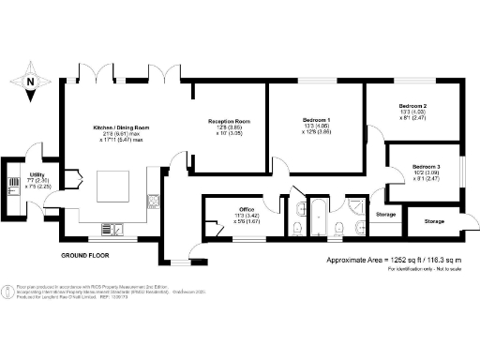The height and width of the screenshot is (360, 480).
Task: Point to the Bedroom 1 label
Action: (x=316, y=121)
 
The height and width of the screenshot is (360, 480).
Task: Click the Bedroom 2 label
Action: (x=412, y=106)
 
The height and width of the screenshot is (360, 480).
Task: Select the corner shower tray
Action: (x=357, y=206)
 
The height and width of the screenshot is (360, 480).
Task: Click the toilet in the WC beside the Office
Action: (x=297, y=230)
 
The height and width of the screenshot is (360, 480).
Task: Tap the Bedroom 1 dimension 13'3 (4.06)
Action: (x=316, y=128)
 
